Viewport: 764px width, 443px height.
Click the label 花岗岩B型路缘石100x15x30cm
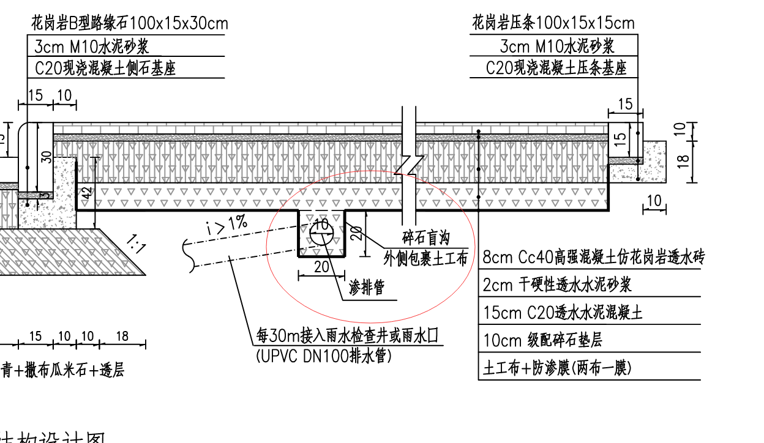130,24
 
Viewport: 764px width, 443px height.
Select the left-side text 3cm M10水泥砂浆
92,47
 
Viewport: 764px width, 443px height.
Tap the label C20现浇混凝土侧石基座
105,68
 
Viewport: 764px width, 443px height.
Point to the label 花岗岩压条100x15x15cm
553,24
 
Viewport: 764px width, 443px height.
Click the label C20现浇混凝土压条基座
556,68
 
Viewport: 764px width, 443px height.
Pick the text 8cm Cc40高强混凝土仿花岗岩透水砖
593,258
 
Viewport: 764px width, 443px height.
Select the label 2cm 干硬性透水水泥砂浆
557,285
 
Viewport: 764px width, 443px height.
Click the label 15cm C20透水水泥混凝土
563,313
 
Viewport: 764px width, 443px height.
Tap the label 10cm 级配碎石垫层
542,340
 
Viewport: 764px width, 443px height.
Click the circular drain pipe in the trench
321,230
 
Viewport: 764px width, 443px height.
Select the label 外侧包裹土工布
426,258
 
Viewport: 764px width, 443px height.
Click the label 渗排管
367,288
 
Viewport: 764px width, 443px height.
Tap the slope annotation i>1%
227,226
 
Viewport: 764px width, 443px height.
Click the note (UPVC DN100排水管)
323,356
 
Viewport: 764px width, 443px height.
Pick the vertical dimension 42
88,192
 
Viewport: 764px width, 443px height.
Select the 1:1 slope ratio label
135,244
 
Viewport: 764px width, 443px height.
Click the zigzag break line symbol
409,165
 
